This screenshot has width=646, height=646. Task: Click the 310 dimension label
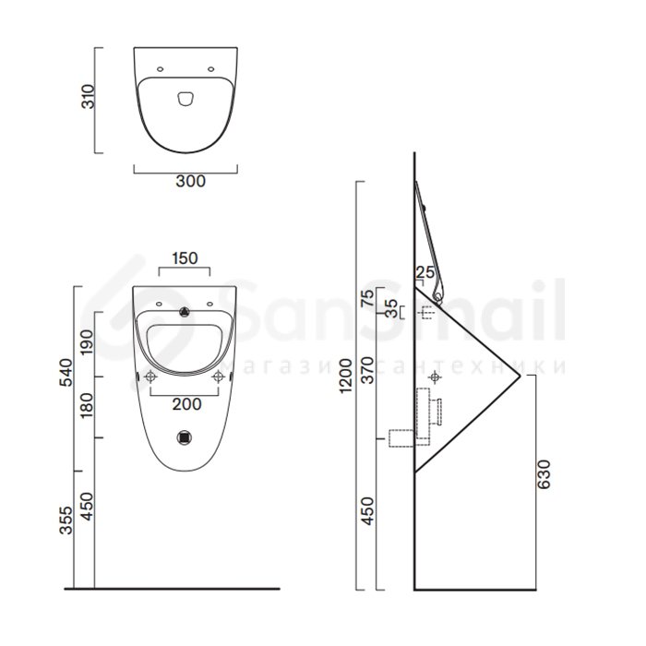[x=89, y=96]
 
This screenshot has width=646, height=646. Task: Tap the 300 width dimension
[x=190, y=181]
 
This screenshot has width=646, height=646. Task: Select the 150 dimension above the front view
[x=185, y=258]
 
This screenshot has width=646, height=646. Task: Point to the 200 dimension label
[x=187, y=404]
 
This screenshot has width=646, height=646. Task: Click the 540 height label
[x=66, y=373]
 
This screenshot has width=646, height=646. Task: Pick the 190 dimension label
[x=87, y=342]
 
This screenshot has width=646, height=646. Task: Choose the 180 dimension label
[x=87, y=405]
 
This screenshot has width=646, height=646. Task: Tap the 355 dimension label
[x=66, y=520]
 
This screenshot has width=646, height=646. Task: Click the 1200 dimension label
[x=346, y=376]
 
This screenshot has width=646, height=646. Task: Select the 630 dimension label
[x=544, y=474]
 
